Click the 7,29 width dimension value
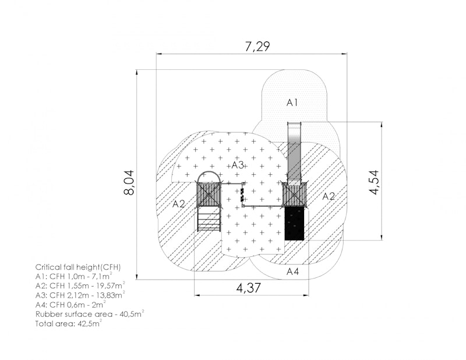(257, 47)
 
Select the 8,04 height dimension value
(129, 182)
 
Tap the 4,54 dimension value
(374, 182)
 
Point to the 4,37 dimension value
(249, 288)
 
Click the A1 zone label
(292, 103)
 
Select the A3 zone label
(238, 165)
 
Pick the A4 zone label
(293, 271)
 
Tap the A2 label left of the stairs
(179, 204)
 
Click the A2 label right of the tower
(329, 196)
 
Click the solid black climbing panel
(294, 223)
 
